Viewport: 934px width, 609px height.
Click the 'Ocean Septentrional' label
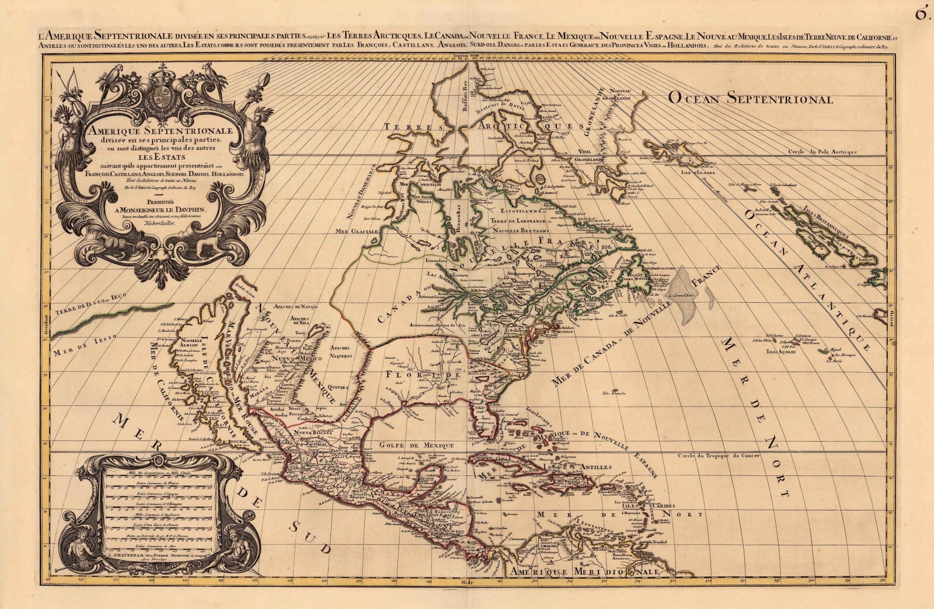pyautogui.click(x=751, y=99)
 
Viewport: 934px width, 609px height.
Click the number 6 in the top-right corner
pyautogui.click(x=922, y=13)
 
